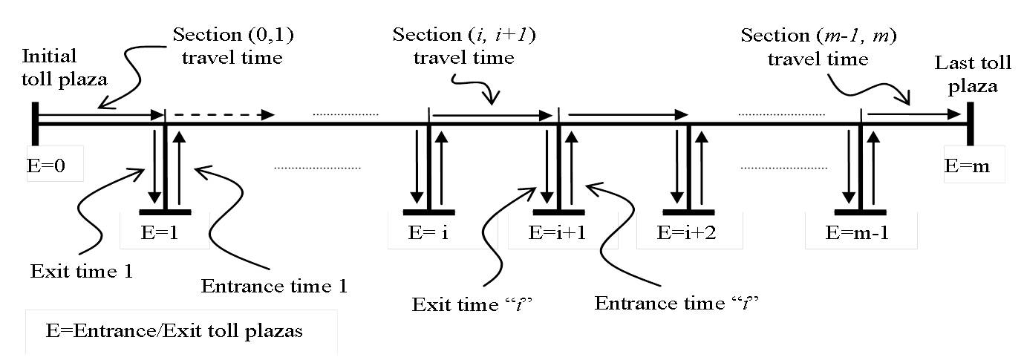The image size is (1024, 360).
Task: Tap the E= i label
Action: click(428, 230)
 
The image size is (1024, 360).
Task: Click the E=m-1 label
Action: click(861, 230)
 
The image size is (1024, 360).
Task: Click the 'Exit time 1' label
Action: click(82, 270)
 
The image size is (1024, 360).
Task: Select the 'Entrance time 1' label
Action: click(275, 284)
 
